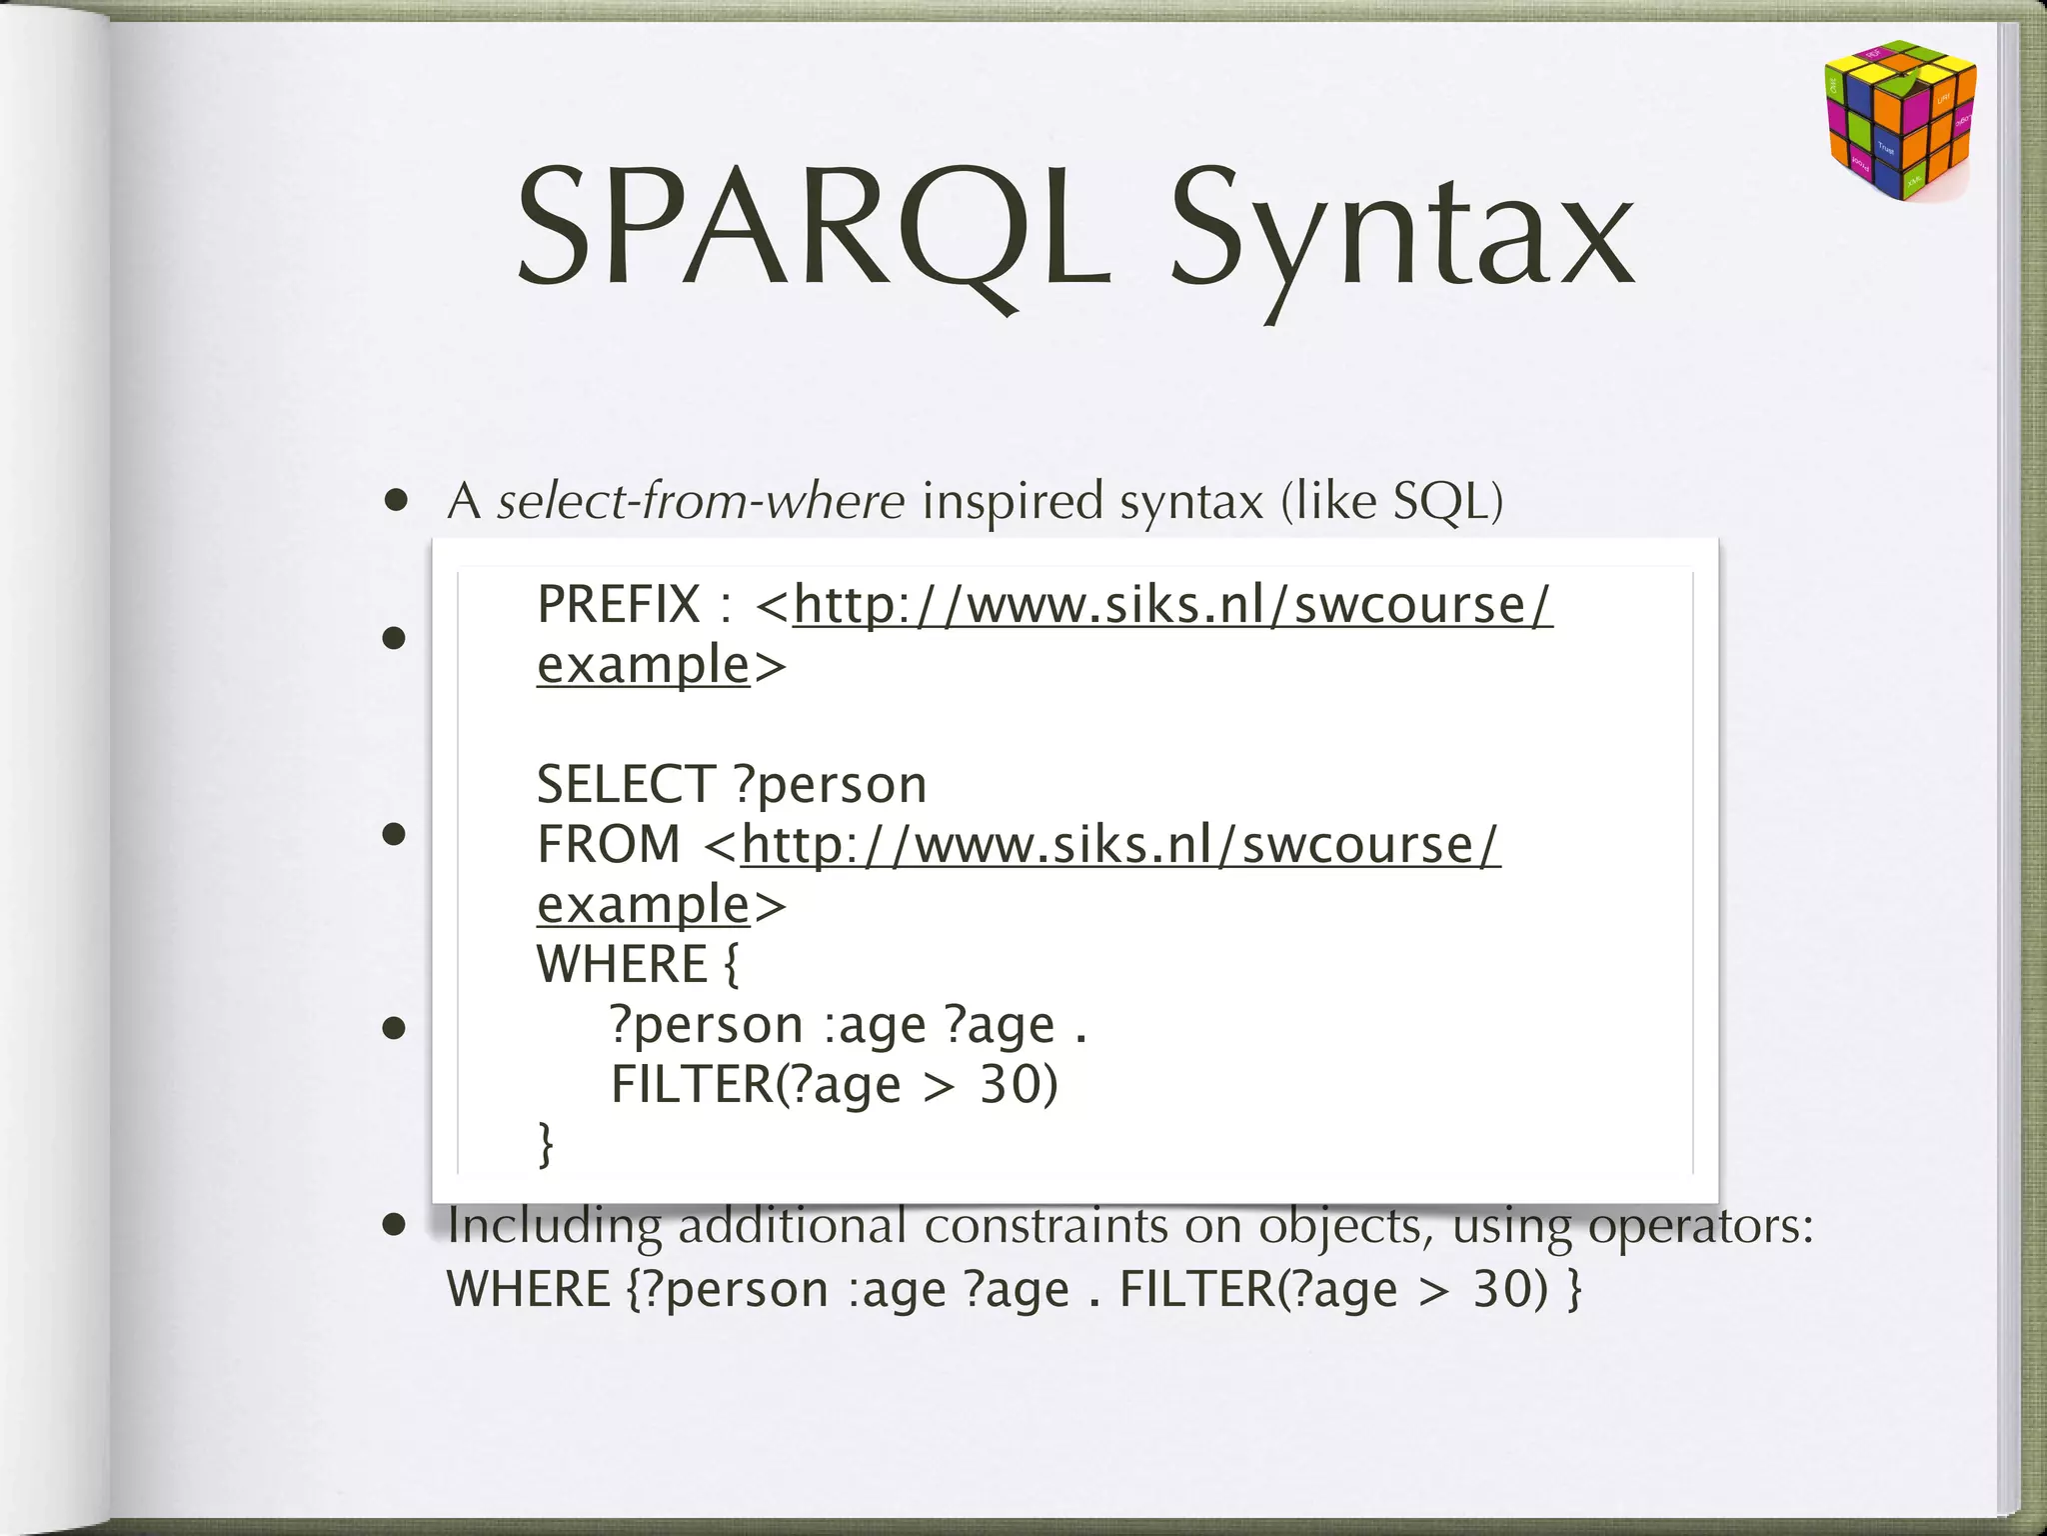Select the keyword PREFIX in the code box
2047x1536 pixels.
[619, 605]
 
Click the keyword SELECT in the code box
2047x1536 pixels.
[626, 784]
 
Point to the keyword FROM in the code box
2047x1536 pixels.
[608, 845]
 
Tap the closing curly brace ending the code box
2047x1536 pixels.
[546, 1144]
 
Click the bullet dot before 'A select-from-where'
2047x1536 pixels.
[397, 500]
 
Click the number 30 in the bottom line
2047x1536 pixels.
[1504, 1290]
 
